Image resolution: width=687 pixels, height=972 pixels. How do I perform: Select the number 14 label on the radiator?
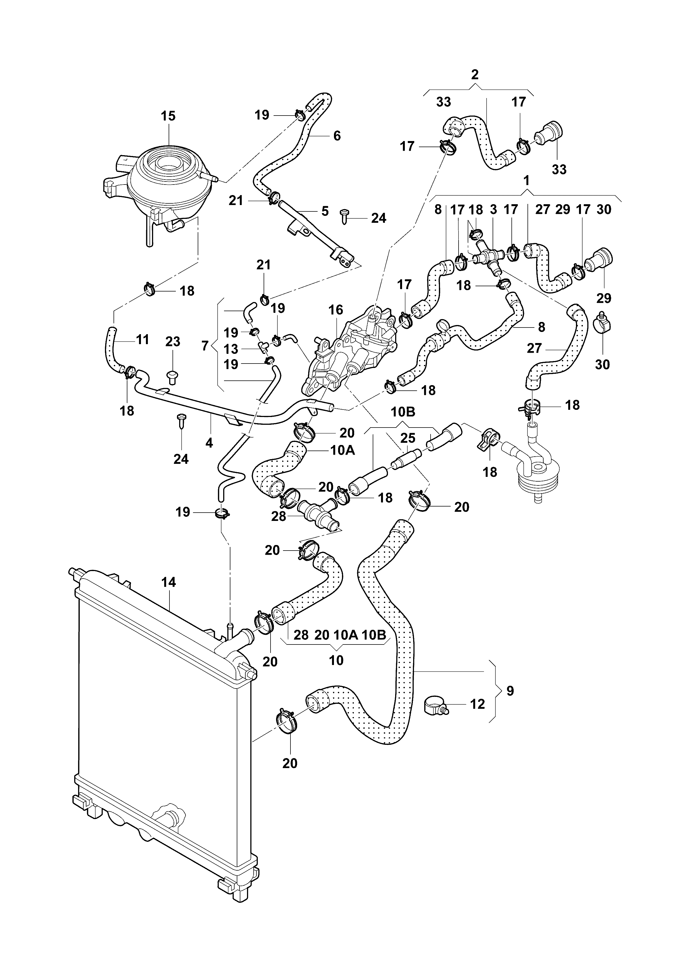tap(168, 582)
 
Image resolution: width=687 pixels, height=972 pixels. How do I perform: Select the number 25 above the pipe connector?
tap(408, 438)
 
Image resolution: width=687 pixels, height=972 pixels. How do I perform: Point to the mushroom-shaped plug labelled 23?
tap(172, 376)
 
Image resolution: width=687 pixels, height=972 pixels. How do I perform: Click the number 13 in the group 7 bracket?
tap(231, 349)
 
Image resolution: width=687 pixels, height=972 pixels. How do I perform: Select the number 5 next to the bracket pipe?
tap(325, 211)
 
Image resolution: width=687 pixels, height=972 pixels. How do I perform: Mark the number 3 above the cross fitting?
tap(493, 209)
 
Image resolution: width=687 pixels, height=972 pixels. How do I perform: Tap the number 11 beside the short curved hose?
tap(143, 339)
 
